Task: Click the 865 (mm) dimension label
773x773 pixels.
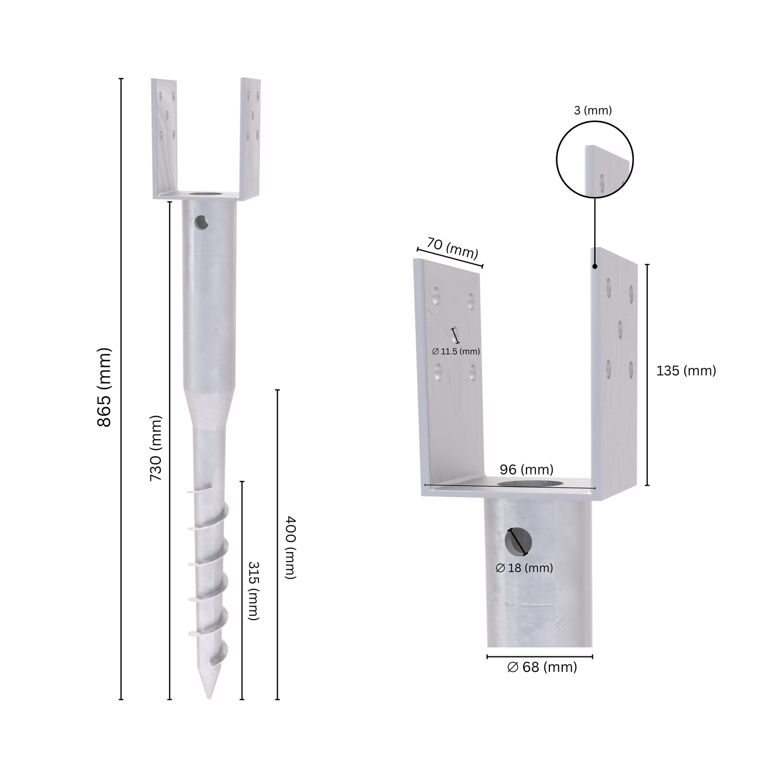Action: point(104,387)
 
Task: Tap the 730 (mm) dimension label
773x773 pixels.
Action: point(156,448)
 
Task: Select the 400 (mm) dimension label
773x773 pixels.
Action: point(290,547)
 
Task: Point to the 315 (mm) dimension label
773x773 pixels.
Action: point(253,591)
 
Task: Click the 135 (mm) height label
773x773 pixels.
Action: point(686,371)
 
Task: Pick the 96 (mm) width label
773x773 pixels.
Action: point(526,470)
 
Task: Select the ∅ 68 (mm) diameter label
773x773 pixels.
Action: point(542,667)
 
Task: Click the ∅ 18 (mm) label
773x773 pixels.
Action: point(524,568)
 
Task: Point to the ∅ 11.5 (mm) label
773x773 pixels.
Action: point(456,351)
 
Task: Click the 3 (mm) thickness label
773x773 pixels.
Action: point(593,111)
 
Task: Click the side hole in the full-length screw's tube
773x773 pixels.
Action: point(201,221)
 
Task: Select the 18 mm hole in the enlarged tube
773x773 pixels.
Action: point(518,542)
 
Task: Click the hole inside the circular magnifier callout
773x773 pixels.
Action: point(602,183)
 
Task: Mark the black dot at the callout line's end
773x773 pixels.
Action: point(595,265)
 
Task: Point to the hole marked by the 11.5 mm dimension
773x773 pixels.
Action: point(455,335)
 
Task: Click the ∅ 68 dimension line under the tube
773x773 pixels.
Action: point(539,656)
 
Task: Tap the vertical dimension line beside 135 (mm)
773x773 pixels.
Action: point(647,374)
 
